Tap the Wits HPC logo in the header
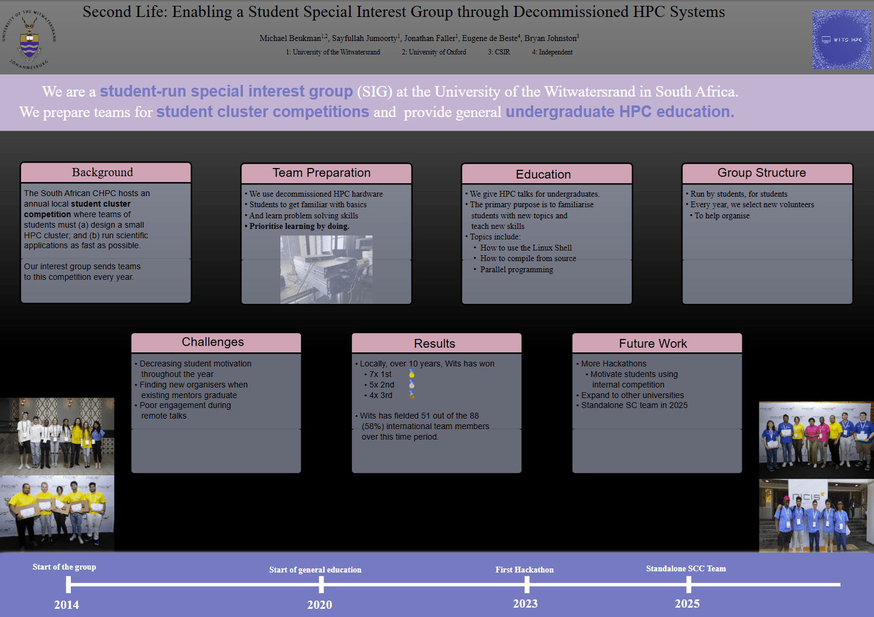[841, 40]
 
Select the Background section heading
[102, 172]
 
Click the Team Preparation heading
[321, 173]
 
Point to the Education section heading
[543, 174]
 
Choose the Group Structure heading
[762, 173]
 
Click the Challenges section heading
[212, 342]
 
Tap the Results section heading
[434, 344]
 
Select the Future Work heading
[653, 344]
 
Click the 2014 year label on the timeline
[67, 605]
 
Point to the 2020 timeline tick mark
[321, 584]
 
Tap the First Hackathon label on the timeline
[525, 570]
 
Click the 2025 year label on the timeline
[687, 604]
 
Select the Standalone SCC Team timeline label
[686, 568]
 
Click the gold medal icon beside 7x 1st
[412, 374]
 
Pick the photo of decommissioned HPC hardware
[326, 269]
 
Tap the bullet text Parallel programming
[516, 269]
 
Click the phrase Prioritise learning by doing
[299, 226]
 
